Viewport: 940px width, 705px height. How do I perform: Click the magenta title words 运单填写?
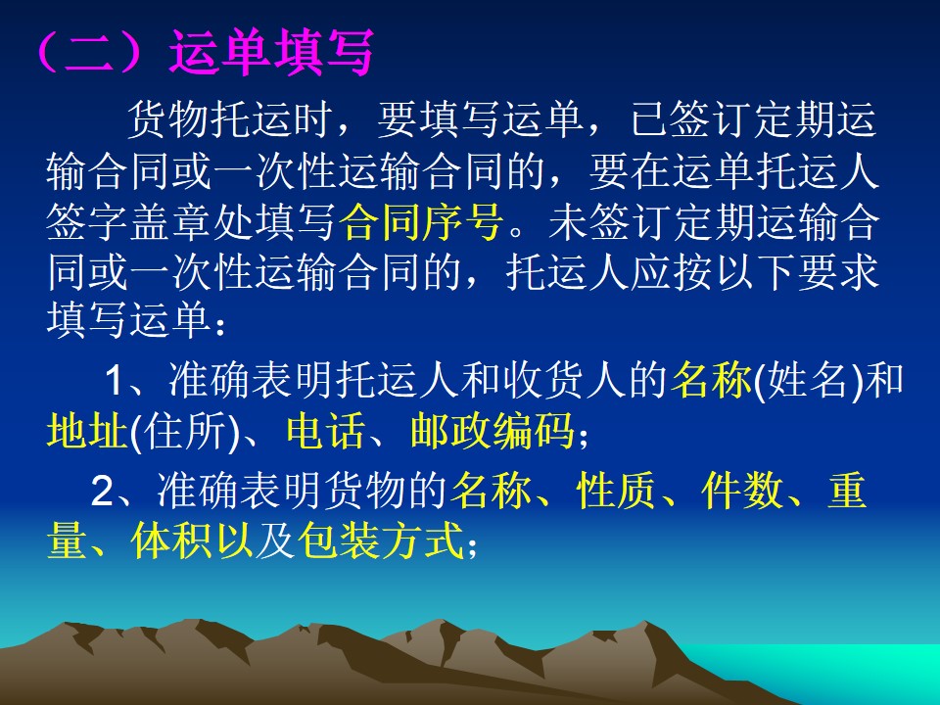point(271,53)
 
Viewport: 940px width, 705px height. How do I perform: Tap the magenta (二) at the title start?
point(90,53)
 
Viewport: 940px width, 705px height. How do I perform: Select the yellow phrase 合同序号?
point(420,222)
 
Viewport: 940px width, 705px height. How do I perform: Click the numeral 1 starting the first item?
point(115,380)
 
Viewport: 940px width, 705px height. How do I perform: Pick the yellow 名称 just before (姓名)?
point(711,380)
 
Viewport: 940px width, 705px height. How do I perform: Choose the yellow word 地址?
point(87,431)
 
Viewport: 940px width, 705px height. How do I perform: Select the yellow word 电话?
point(325,431)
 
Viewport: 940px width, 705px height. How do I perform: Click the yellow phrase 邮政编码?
point(492,431)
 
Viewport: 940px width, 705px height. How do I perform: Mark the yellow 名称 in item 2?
point(491,491)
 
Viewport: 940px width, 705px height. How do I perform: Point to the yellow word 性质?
point(616,491)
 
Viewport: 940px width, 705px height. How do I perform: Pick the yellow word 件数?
point(741,491)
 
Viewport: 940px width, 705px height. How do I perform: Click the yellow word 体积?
point(170,540)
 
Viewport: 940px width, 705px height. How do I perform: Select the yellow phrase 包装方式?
point(381,540)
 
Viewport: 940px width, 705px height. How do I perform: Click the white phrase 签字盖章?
point(129,222)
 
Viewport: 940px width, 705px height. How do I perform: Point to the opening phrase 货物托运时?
point(229,119)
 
